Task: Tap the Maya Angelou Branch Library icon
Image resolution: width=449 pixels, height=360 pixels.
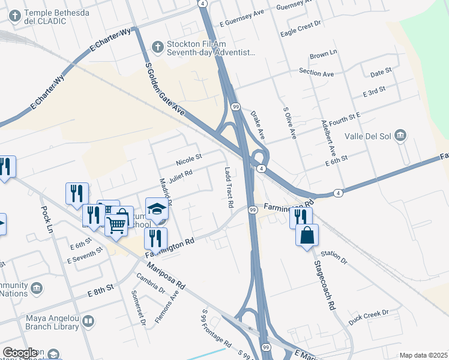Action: point(88,322)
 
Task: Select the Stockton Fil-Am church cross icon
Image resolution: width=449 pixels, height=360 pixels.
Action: point(157,47)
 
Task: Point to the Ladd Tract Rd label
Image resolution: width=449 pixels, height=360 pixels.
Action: point(229,187)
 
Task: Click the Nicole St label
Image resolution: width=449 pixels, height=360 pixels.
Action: point(189,160)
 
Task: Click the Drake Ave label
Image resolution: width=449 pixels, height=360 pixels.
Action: point(257,124)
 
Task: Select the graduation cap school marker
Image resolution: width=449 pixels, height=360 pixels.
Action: point(157,209)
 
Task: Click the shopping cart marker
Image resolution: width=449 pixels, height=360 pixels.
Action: point(116,224)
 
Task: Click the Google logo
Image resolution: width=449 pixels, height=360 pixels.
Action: point(20,353)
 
